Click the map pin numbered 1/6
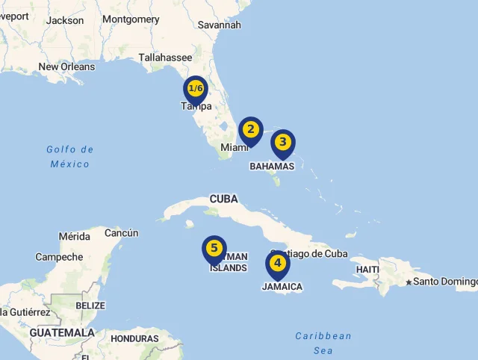(x=195, y=90)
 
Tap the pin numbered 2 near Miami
(x=251, y=130)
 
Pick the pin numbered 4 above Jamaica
(x=277, y=264)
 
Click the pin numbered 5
(x=214, y=249)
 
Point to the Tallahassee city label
(x=165, y=58)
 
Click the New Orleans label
(x=66, y=66)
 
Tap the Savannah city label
(x=220, y=25)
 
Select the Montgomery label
(x=131, y=19)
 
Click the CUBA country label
(x=223, y=199)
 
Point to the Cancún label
(x=121, y=233)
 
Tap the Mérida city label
(x=75, y=237)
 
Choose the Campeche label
(x=59, y=257)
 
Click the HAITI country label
(x=367, y=269)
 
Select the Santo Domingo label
(x=445, y=282)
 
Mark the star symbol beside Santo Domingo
(x=409, y=282)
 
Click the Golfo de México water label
(x=69, y=156)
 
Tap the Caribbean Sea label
(x=323, y=343)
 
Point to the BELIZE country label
(x=90, y=305)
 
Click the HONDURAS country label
(x=134, y=338)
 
